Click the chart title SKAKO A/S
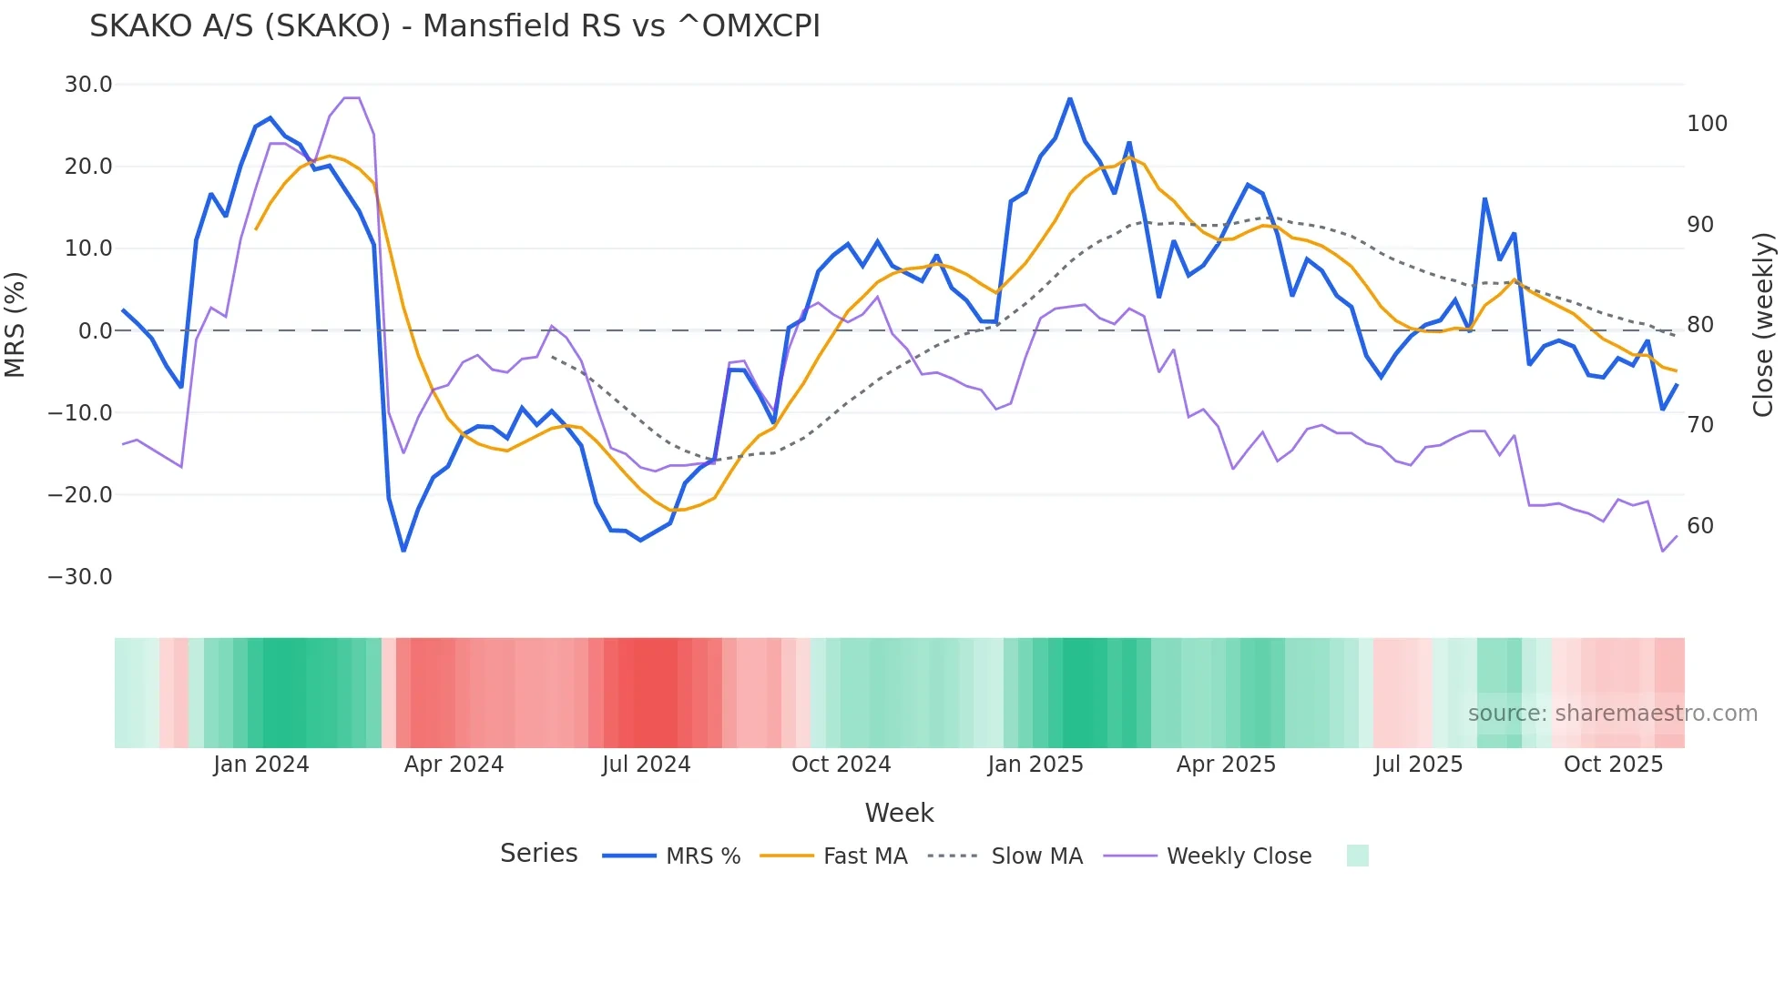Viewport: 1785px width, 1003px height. point(454,26)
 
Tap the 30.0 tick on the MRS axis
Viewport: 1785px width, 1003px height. point(88,85)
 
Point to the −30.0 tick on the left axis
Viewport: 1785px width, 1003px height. point(80,577)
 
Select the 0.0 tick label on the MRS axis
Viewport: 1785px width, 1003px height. point(95,331)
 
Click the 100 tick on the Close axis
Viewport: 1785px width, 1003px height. point(1707,124)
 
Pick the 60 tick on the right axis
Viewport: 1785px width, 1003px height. point(1699,526)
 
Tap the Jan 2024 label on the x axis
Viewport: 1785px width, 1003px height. point(261,765)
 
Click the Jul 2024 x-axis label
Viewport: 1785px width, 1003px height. point(646,765)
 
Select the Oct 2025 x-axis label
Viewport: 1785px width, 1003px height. point(1613,765)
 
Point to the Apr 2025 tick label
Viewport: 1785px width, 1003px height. point(1226,765)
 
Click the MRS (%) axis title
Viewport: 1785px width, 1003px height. point(15,325)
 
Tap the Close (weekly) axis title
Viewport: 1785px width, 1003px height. point(1763,325)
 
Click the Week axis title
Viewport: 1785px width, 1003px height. point(899,813)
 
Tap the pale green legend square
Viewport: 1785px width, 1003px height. point(1357,856)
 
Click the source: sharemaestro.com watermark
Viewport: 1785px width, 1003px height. point(1612,714)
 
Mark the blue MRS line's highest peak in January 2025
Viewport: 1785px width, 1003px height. point(1070,98)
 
